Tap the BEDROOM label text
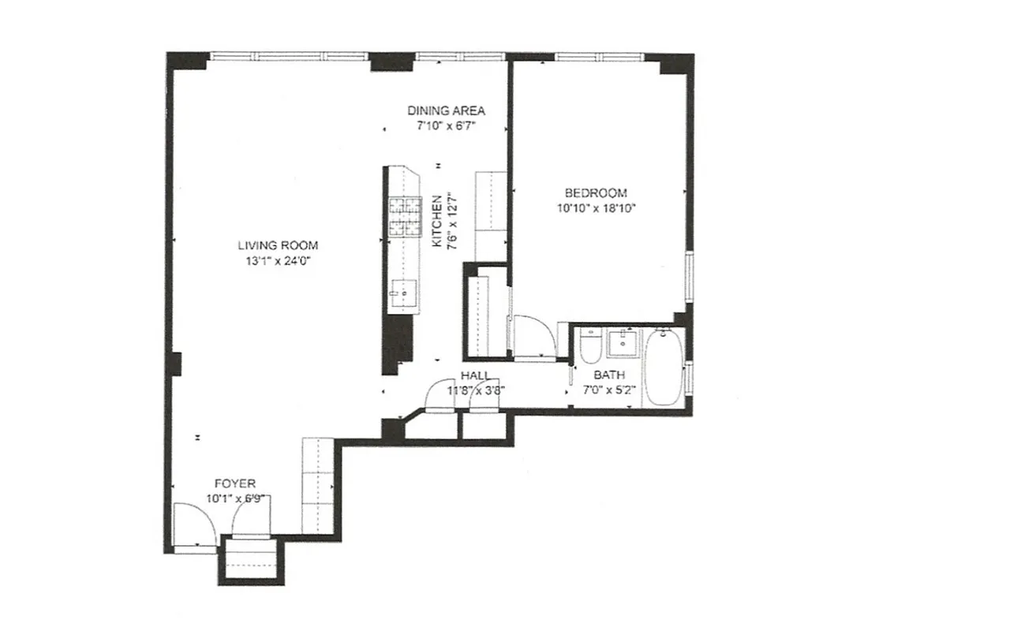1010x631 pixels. [x=595, y=193]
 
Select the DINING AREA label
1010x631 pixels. [x=446, y=110]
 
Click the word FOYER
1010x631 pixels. [x=234, y=484]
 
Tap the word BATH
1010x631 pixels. [x=608, y=375]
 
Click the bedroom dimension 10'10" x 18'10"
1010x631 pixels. [x=595, y=208]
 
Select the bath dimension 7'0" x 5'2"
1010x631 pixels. [x=608, y=390]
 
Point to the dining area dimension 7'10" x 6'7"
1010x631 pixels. [x=446, y=125]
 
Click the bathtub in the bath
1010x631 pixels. [x=664, y=368]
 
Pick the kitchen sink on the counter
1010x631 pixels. [x=402, y=293]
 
